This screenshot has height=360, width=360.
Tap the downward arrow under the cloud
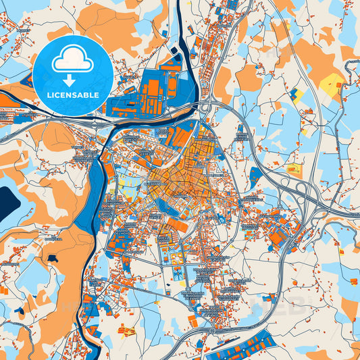point(72,80)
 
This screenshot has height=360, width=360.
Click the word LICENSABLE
point(72,96)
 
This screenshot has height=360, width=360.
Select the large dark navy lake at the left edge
point(8,203)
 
